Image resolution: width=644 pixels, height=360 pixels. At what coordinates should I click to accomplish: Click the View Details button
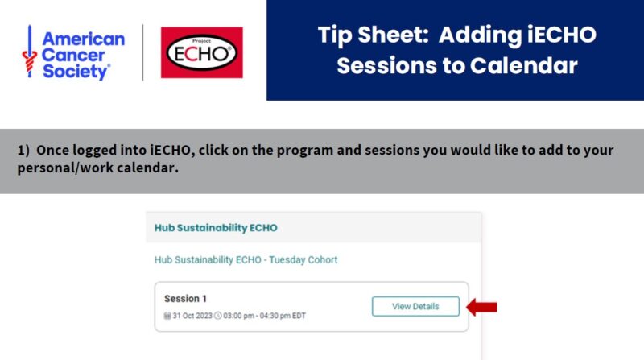pyautogui.click(x=415, y=307)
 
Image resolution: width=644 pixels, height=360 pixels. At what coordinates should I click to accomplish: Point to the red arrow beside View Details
pyautogui.click(x=481, y=307)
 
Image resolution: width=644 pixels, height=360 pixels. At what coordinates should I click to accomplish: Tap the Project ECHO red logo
pyautogui.click(x=202, y=52)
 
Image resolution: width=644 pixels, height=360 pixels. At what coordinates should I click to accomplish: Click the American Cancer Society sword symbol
pyautogui.click(x=29, y=52)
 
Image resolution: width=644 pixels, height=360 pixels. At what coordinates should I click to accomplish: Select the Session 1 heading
pyautogui.click(x=185, y=299)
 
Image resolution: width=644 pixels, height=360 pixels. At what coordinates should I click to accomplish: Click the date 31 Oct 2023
pyautogui.click(x=192, y=316)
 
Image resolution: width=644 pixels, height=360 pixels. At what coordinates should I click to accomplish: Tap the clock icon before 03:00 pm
pyautogui.click(x=218, y=316)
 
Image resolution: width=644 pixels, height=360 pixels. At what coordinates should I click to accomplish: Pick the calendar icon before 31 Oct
pyautogui.click(x=167, y=316)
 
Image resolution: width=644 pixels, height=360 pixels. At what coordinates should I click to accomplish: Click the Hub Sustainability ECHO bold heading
pyautogui.click(x=216, y=228)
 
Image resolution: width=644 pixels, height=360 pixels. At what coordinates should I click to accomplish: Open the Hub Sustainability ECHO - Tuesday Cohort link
pyautogui.click(x=246, y=259)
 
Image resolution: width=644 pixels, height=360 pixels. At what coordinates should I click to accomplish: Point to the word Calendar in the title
pyautogui.click(x=524, y=66)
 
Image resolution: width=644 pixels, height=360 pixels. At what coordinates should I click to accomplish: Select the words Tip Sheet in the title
pyautogui.click(x=373, y=35)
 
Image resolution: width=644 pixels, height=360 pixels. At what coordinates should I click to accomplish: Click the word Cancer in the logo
pyautogui.click(x=73, y=55)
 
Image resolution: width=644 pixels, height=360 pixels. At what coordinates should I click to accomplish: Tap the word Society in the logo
pyautogui.click(x=75, y=72)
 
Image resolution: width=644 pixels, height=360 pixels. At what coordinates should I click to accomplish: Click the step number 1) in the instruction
pyautogui.click(x=23, y=150)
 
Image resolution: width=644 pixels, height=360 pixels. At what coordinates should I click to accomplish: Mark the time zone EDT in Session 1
pyautogui.click(x=299, y=316)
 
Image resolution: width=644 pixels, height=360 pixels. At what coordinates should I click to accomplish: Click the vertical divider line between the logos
pyautogui.click(x=143, y=52)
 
